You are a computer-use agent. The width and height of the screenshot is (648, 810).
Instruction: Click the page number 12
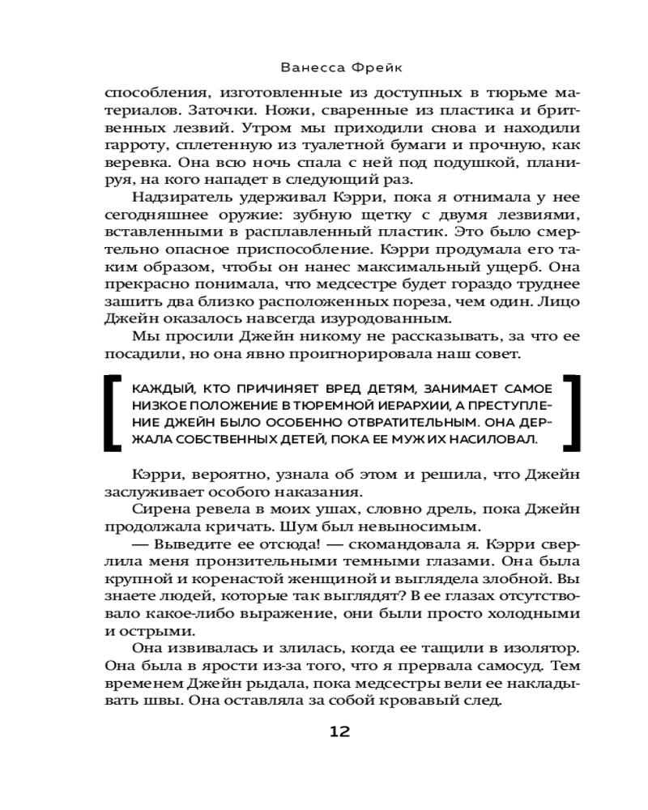click(x=339, y=732)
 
